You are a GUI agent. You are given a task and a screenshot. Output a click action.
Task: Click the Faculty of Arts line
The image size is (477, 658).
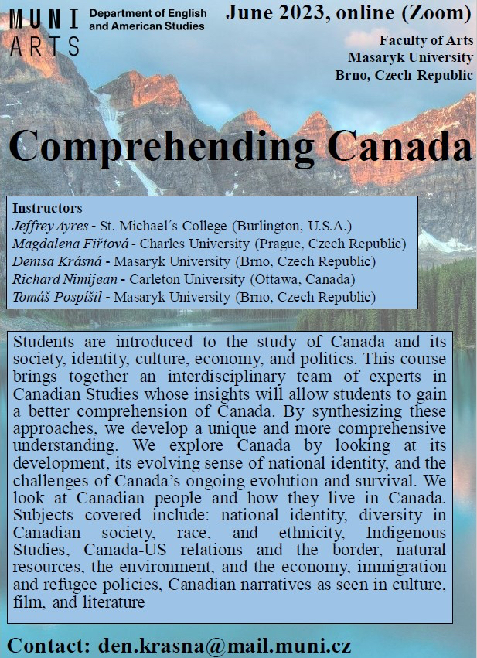426,40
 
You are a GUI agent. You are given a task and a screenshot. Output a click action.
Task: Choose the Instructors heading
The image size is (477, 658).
48,209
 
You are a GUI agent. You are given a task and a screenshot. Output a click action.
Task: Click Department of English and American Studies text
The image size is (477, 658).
147,20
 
